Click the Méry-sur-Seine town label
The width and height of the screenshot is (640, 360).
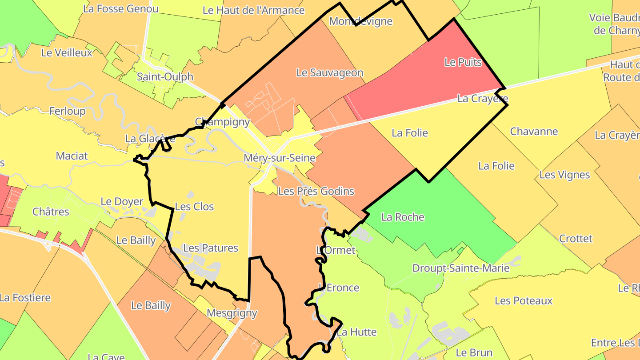click(280, 158)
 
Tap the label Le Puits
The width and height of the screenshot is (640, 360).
click(463, 62)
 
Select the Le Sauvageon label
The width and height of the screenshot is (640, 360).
click(329, 72)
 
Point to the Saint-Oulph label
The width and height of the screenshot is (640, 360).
click(165, 76)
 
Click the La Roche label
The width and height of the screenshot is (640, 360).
click(403, 217)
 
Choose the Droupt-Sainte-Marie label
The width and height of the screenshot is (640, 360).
click(461, 268)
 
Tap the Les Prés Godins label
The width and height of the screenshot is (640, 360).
click(316, 191)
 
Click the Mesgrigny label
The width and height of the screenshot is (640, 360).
click(232, 313)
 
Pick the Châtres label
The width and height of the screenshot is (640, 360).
click(51, 212)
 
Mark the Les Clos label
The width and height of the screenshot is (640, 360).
click(194, 207)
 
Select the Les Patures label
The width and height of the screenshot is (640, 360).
click(211, 248)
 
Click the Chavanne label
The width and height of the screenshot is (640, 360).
click(534, 131)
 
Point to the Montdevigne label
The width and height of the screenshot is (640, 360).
click(360, 21)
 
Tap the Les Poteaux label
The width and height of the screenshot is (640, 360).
click(524, 300)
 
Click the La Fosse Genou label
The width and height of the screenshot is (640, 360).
click(120, 8)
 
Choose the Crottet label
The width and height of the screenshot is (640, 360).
click(576, 239)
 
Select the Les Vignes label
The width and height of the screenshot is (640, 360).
click(564, 175)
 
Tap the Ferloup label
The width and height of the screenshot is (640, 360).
click(67, 111)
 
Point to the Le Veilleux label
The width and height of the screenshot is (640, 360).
click(67, 52)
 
